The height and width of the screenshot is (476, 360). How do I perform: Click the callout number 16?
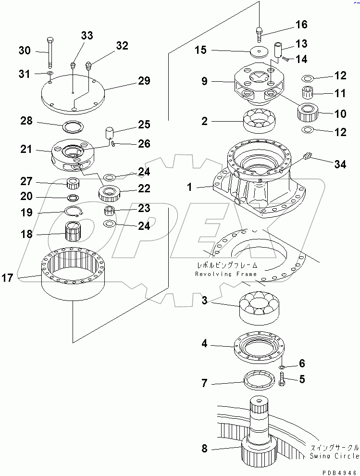[x=301, y=25]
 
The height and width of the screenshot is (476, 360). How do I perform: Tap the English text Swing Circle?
[x=334, y=456]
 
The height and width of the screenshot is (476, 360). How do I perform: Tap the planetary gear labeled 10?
[x=307, y=113]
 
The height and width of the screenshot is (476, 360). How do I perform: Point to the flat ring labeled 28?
[x=73, y=127]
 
